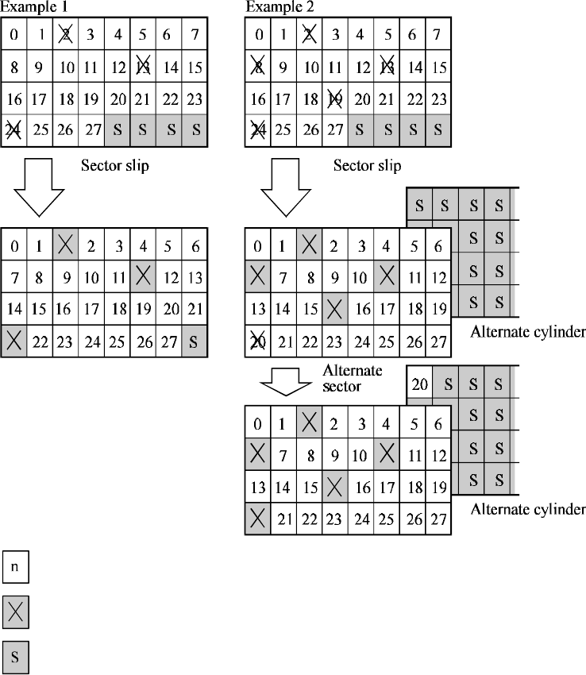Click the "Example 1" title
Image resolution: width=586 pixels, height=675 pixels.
(33, 7)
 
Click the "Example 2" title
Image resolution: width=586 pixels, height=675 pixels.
(276, 7)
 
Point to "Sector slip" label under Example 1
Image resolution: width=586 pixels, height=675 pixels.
(115, 165)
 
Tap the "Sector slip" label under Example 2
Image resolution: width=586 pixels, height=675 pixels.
(367, 165)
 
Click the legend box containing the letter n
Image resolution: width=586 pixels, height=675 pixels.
(15, 568)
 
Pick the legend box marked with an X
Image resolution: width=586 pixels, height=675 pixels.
(15, 612)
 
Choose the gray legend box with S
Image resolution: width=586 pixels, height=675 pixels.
(15, 658)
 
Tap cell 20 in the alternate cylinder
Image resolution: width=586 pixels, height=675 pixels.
(420, 383)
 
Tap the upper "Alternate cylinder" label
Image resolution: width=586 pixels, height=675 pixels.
(528, 331)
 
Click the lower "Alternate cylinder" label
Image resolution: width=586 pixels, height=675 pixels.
(528, 508)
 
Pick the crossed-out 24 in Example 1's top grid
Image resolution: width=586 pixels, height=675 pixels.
(14, 130)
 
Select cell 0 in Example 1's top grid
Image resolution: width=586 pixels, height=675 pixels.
(14, 35)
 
